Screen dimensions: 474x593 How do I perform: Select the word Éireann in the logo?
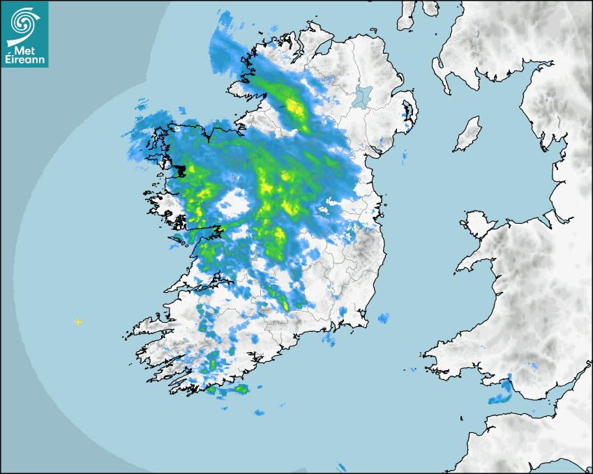25,60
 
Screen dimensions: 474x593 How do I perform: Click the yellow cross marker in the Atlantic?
78,322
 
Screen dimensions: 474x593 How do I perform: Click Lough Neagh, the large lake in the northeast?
362,96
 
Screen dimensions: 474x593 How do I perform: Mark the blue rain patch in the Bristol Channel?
500,398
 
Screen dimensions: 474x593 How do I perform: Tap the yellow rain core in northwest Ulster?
293,107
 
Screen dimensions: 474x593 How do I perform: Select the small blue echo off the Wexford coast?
382,319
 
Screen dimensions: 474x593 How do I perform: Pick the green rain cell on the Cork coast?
240,389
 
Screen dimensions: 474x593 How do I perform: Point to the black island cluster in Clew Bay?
183,171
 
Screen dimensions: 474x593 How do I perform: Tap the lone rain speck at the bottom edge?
341,467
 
